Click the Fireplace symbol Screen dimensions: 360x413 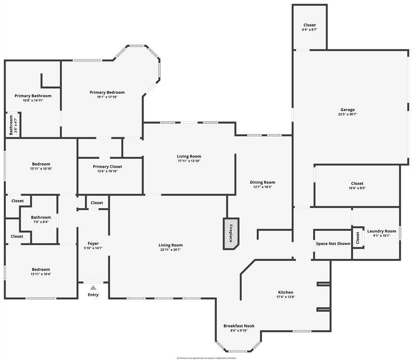point(231,232)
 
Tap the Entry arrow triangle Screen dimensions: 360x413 point(93,288)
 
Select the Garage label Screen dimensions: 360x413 point(347,110)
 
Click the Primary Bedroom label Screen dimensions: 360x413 point(107,92)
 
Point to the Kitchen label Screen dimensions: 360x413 point(285,292)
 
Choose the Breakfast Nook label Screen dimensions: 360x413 point(238,326)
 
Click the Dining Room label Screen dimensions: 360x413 point(263,182)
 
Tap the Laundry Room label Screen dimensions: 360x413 point(382,231)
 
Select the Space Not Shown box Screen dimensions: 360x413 point(332,244)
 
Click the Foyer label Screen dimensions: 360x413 point(93,244)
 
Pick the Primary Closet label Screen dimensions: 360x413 point(107,166)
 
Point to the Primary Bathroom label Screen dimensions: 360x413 point(33,96)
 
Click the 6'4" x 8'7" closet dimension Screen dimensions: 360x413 point(309,30)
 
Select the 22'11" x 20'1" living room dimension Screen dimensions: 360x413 point(170,250)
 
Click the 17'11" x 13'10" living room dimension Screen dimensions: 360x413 point(189,161)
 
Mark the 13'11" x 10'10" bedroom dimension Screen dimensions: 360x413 point(41,169)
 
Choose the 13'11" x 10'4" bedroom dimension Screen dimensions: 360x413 point(41,274)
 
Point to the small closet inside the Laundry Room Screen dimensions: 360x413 point(358,238)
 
